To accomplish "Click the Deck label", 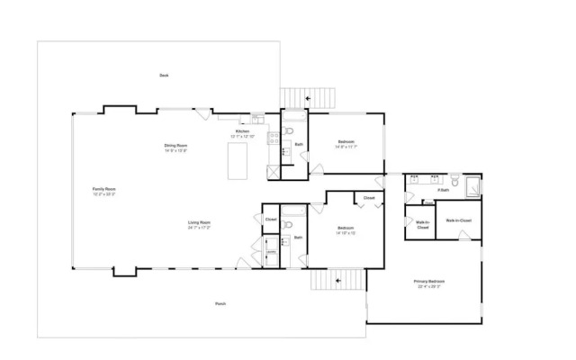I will (164, 76).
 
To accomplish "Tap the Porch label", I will (220, 304).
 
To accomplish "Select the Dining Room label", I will (175, 148).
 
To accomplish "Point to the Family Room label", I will (103, 191).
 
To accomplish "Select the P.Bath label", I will (444, 190).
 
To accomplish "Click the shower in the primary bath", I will (471, 186).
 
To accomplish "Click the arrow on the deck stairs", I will (308, 97).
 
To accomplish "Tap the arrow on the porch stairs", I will (338, 281).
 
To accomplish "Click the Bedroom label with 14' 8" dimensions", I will (346, 144).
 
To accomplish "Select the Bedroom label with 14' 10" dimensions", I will (346, 229).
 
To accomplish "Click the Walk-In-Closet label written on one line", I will (458, 220).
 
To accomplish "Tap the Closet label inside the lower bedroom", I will (368, 198).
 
